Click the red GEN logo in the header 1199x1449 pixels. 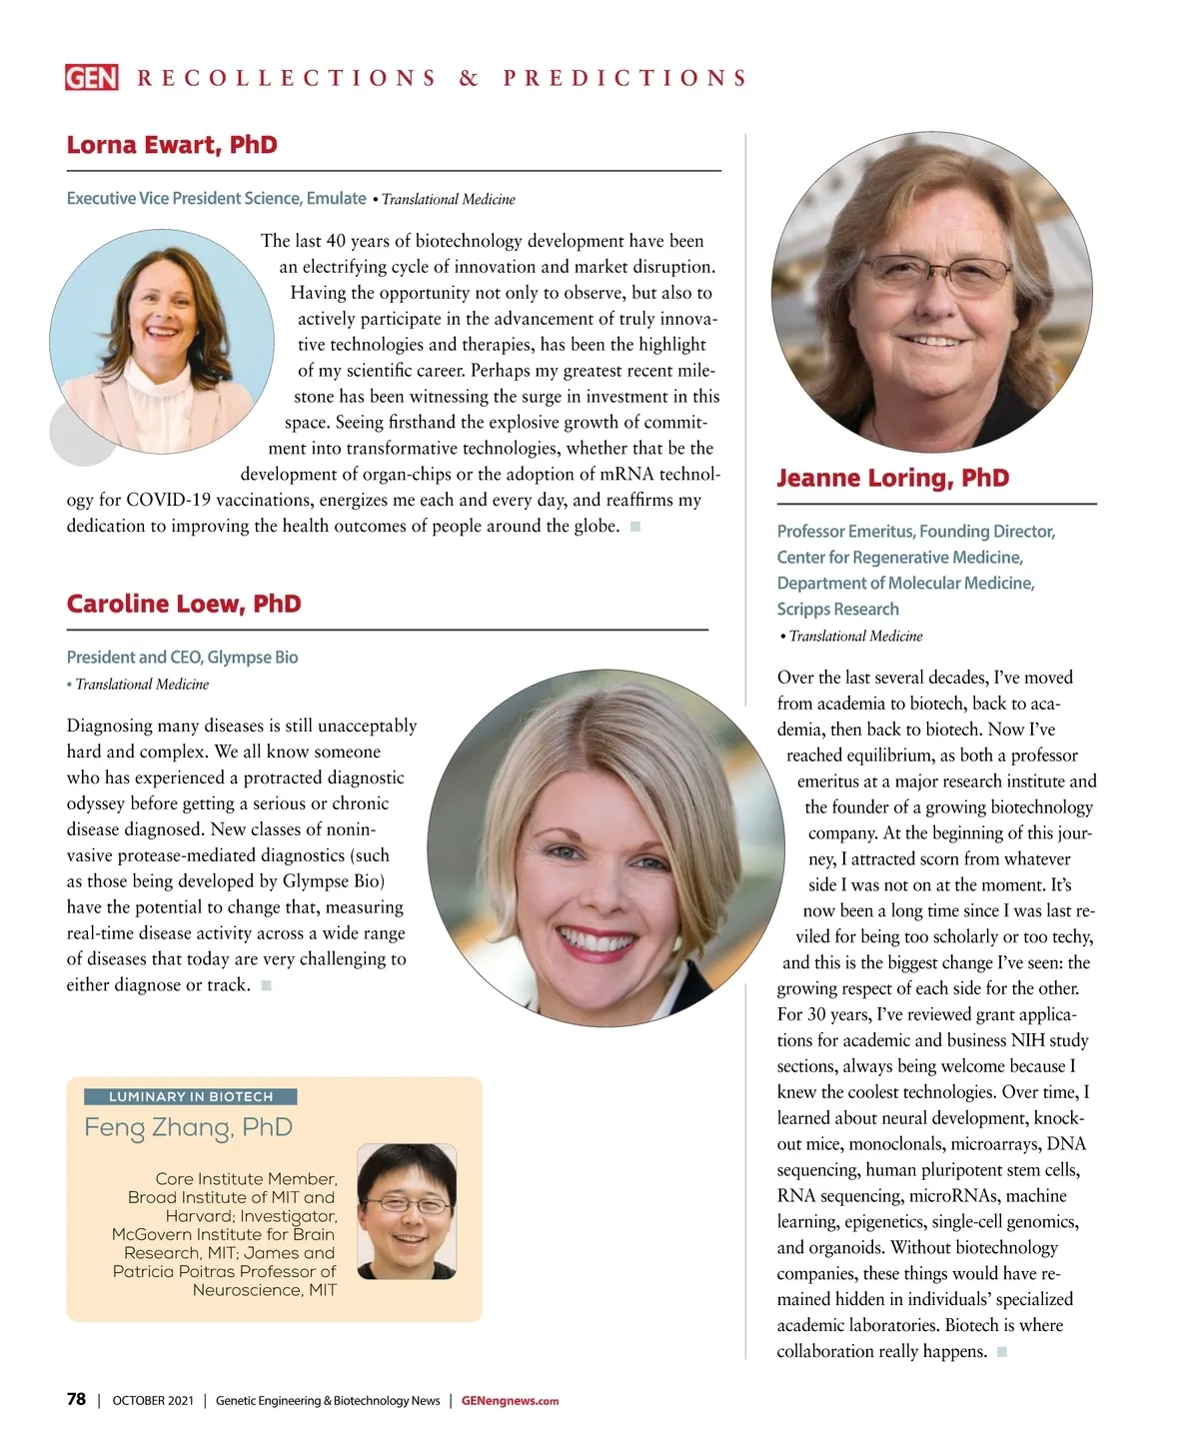pos(92,78)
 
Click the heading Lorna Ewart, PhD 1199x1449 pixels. pos(172,145)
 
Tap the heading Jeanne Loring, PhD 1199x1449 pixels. pos(893,478)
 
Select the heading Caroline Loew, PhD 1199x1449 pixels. pos(184,604)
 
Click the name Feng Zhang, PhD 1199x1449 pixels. pos(188,1127)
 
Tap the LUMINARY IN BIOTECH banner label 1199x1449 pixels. pos(190,1096)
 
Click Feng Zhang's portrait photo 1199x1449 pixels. pos(407,1211)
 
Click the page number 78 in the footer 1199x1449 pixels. pos(76,1399)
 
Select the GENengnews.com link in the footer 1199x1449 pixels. pos(510,1401)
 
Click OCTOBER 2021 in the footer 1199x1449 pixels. pos(153,1401)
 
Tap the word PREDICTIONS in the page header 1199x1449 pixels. pos(625,78)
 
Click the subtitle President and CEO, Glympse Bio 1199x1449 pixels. pos(182,658)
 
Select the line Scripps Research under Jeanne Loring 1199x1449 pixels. pos(837,610)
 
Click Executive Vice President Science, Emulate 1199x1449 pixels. pos(216,199)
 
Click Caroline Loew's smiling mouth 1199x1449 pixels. pos(596,940)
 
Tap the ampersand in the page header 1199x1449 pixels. pos(469,78)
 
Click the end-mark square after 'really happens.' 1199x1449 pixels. pos(1002,1352)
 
